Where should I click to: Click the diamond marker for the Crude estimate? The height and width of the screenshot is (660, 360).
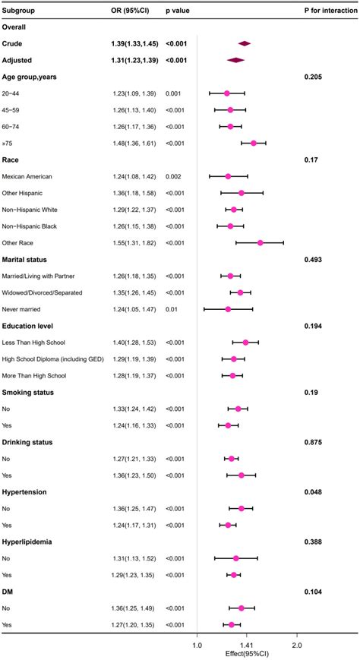tap(244, 43)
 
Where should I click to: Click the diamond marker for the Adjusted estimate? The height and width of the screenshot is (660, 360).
tap(236, 60)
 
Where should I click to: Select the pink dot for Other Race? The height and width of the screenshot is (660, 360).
tap(260, 242)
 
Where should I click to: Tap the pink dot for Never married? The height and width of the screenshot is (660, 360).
tap(228, 309)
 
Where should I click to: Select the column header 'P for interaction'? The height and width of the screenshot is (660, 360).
tap(327, 10)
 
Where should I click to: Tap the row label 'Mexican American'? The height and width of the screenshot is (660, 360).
tap(30, 176)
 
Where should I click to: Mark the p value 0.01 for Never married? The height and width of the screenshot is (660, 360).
tap(172, 309)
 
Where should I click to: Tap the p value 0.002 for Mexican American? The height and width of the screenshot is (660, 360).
tap(174, 176)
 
